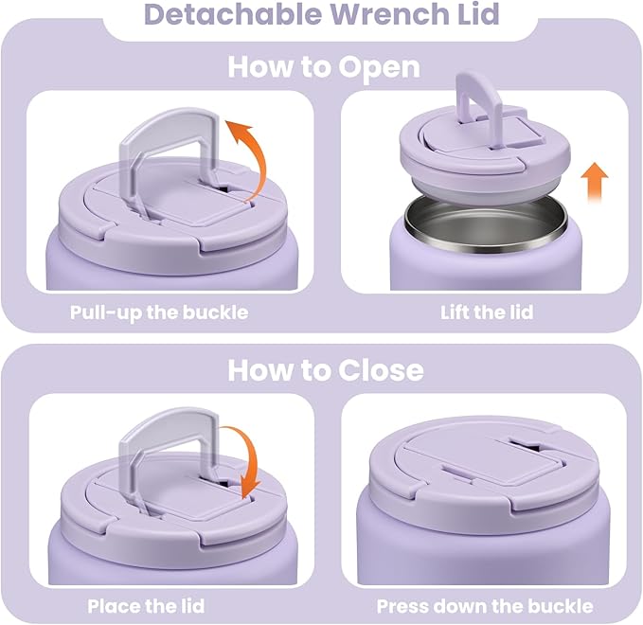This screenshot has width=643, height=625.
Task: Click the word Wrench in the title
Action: click(x=362, y=16)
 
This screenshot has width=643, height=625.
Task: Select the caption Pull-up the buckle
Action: click(x=158, y=312)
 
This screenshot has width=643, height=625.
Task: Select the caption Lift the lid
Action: click(x=486, y=312)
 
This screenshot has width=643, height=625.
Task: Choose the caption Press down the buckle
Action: click(x=485, y=606)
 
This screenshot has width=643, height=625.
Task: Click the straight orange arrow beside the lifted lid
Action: click(x=594, y=182)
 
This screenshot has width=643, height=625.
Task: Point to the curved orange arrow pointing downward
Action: click(x=249, y=460)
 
